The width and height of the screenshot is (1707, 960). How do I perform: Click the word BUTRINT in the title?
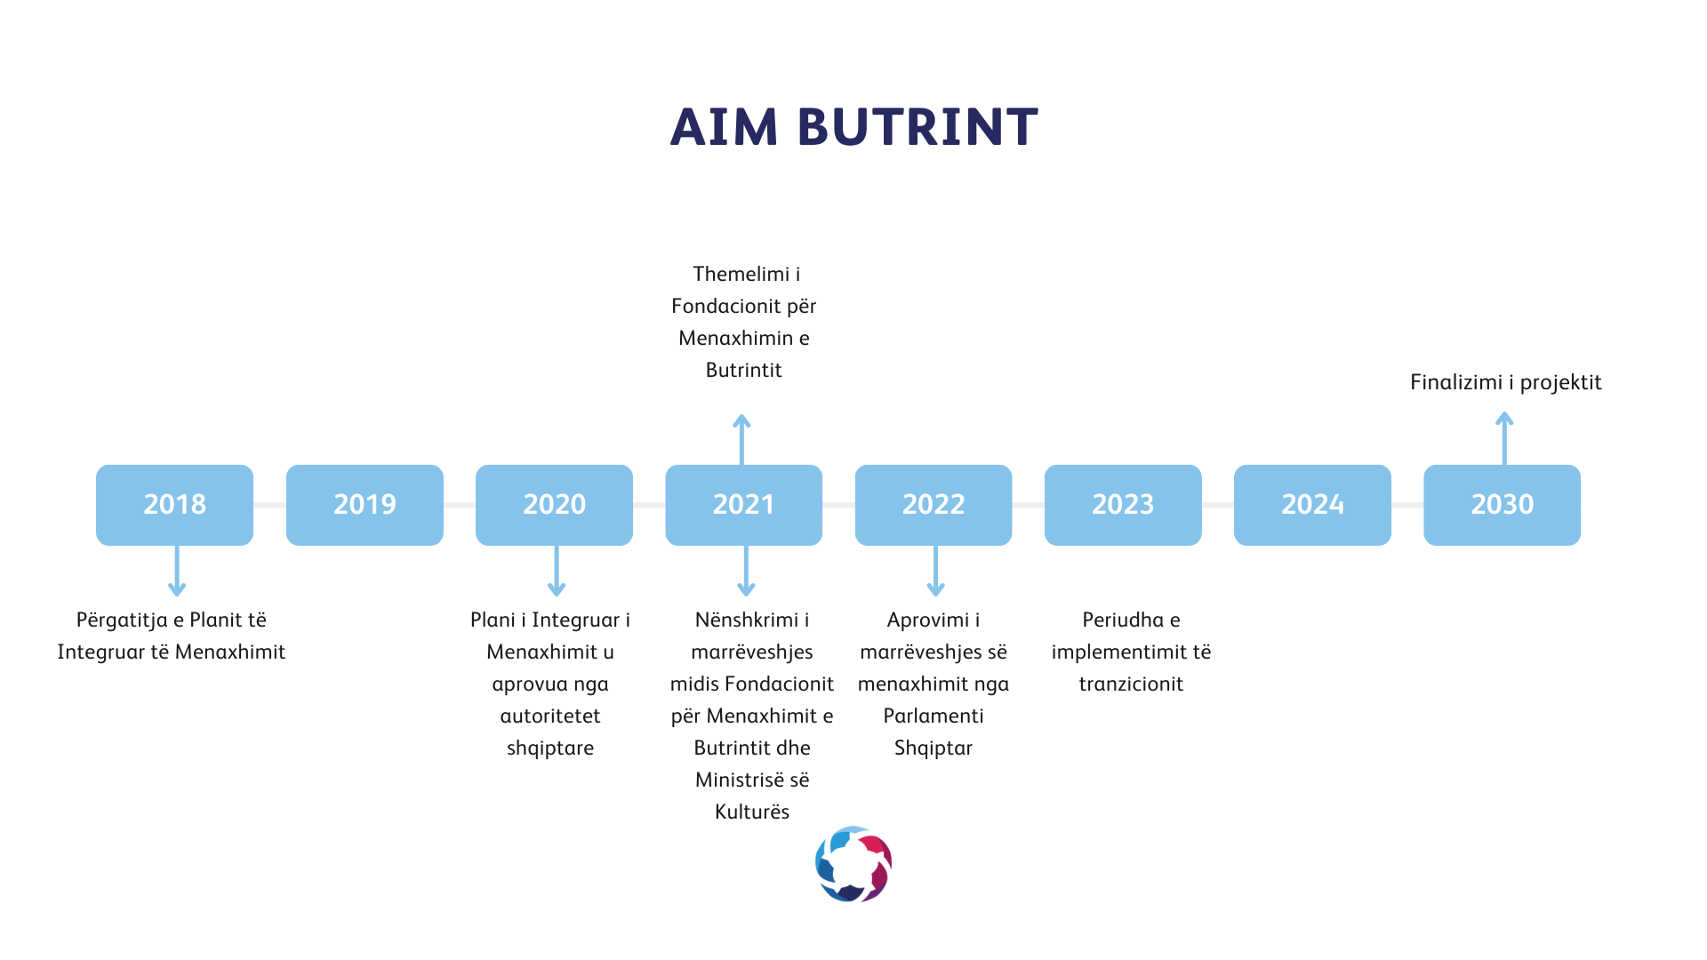click(x=918, y=127)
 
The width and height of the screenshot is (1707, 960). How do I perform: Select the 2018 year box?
click(x=174, y=505)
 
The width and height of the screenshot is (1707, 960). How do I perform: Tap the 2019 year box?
click(x=365, y=505)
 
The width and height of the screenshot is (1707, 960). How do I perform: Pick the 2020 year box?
click(x=554, y=505)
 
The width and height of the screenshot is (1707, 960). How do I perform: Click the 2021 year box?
click(x=743, y=505)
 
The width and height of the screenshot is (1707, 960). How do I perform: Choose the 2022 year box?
click(x=934, y=505)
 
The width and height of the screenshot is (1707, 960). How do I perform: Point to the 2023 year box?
click(x=1123, y=505)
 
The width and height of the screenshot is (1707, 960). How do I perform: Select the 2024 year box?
click(x=1312, y=505)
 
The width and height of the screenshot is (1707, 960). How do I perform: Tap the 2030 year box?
click(x=1502, y=505)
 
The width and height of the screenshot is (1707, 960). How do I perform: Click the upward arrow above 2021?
click(x=741, y=439)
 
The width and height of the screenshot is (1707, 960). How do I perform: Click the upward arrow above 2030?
click(x=1504, y=438)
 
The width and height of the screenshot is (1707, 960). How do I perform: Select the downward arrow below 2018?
click(x=177, y=571)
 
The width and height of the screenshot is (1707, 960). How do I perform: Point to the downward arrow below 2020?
click(x=557, y=571)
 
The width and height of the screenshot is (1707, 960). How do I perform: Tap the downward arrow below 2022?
click(x=935, y=571)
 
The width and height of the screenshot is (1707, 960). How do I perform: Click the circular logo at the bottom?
click(x=853, y=864)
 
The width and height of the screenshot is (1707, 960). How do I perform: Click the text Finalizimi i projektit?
click(x=1505, y=382)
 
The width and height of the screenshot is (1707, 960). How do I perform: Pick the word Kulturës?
click(x=752, y=812)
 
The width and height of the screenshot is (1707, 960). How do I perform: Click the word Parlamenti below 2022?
click(x=934, y=716)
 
